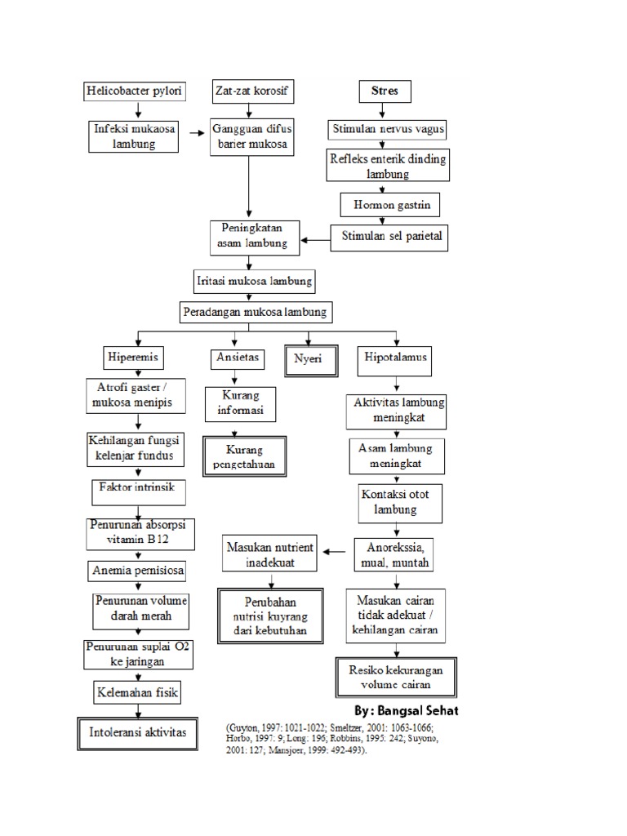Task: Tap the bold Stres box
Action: pos(385,91)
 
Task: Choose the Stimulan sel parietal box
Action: pos(389,237)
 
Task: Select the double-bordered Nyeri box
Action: pos(309,359)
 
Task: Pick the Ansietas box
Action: pos(235,358)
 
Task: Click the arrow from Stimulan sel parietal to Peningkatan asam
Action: pos(316,240)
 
